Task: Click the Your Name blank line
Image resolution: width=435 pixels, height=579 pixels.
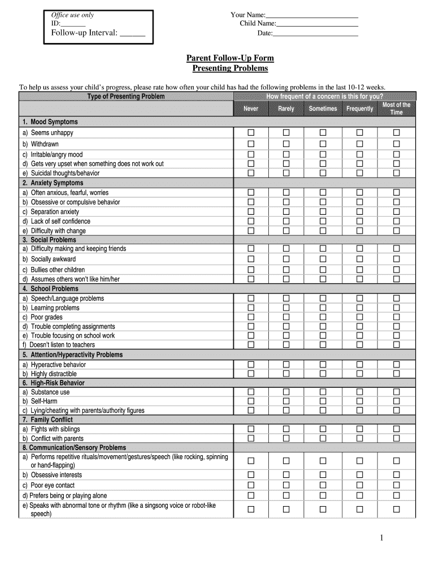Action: tap(312, 15)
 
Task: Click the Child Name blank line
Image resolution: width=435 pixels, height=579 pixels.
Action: tap(317, 24)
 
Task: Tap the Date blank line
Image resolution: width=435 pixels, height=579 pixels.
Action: tap(315, 34)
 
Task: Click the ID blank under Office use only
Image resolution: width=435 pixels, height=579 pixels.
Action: tap(73, 24)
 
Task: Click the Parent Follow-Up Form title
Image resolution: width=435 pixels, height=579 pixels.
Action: tap(230, 58)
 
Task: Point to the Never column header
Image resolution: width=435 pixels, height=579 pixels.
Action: tap(251, 109)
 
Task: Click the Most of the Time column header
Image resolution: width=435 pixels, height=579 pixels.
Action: tap(396, 109)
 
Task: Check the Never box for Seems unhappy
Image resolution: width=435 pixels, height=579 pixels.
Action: tap(251, 132)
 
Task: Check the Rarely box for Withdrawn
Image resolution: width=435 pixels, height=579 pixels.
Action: tap(286, 144)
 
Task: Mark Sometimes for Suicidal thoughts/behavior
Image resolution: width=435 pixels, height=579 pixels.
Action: tap(323, 173)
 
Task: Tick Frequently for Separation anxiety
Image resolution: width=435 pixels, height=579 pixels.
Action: tap(359, 211)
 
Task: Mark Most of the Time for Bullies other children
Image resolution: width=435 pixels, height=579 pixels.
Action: tap(396, 270)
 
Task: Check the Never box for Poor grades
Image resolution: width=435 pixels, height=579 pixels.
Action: tap(251, 317)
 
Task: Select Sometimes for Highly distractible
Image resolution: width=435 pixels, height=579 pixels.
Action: tap(323, 374)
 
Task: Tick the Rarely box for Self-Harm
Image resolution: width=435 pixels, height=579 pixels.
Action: tap(286, 401)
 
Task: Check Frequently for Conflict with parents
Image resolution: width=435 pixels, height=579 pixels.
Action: tap(359, 438)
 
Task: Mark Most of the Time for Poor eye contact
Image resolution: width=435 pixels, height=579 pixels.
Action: tap(396, 485)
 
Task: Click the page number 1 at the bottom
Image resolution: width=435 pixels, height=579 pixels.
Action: tap(381, 538)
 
